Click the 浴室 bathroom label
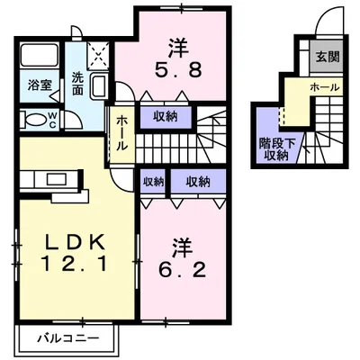(40, 85)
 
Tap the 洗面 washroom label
(77, 85)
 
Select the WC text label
(52, 120)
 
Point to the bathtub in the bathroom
(40, 55)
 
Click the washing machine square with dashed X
(99, 56)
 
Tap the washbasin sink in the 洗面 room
(99, 85)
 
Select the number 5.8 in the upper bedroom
(178, 71)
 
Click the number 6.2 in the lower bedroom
(183, 270)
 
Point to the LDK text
(75, 242)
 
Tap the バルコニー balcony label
(67, 338)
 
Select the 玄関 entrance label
(328, 57)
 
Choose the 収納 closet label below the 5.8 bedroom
(166, 116)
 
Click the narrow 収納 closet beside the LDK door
(153, 182)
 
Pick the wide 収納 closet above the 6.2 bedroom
(198, 182)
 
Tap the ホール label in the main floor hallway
(121, 133)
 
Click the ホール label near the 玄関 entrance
(324, 87)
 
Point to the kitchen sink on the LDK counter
(57, 179)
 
